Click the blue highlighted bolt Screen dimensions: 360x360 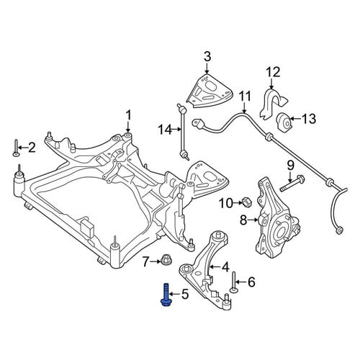pyautogui.click(x=166, y=295)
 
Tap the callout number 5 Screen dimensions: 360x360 pyautogui.click(x=185, y=294)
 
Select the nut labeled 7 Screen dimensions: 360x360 pyautogui.click(x=165, y=260)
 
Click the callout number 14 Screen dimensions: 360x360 pyautogui.click(x=165, y=130)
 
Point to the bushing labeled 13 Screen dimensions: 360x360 pyautogui.click(x=284, y=121)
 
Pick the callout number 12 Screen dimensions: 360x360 pyautogui.click(x=274, y=72)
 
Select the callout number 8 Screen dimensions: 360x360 pyautogui.click(x=243, y=220)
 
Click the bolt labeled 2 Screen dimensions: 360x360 pyautogui.click(x=16, y=148)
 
